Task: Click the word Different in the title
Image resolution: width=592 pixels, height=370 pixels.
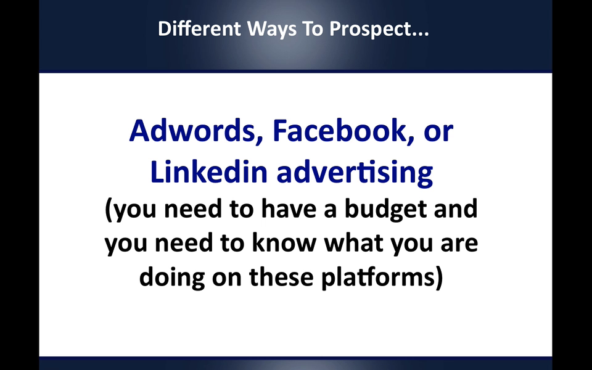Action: [199, 29]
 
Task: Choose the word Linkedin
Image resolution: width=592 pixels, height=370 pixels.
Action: [209, 171]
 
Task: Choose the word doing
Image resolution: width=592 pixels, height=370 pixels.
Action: [172, 278]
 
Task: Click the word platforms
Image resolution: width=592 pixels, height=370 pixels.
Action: [377, 278]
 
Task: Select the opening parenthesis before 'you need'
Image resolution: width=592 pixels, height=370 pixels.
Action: [109, 210]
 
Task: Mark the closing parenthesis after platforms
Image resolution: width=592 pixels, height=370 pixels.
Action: [438, 279]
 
